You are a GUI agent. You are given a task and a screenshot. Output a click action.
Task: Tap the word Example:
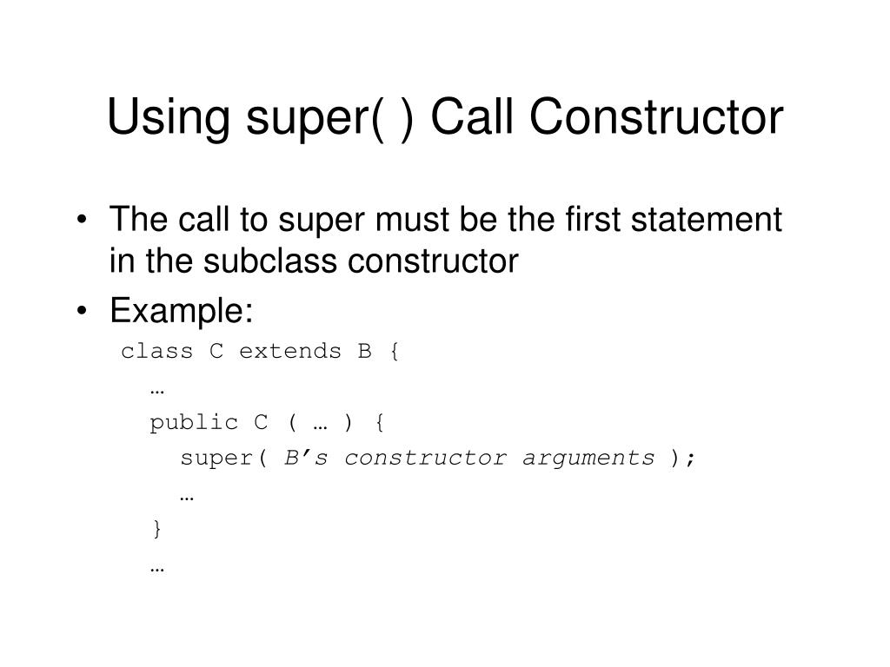click(181, 310)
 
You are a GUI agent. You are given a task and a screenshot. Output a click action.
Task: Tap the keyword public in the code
click(194, 423)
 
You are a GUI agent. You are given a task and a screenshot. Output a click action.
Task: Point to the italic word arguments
click(588, 459)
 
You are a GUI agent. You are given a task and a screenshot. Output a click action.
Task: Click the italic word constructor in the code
click(425, 458)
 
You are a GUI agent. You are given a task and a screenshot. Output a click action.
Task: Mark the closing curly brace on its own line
click(156, 529)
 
